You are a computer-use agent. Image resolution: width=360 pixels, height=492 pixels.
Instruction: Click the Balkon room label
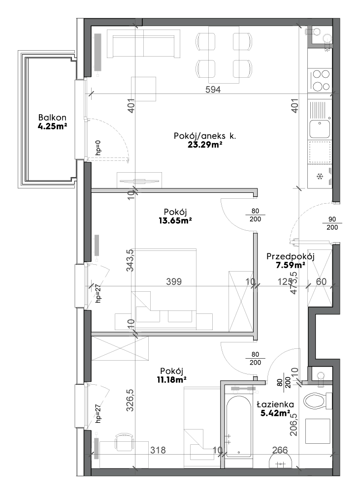pyautogui.click(x=52, y=118)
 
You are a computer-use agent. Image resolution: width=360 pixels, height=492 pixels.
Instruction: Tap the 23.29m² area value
pyautogui.click(x=205, y=145)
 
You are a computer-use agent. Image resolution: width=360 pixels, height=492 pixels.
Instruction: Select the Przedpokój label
pyautogui.click(x=290, y=257)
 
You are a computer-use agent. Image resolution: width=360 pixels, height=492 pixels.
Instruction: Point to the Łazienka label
pyautogui.click(x=275, y=404)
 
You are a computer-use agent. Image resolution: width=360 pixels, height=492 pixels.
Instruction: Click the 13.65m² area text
pyautogui.click(x=175, y=220)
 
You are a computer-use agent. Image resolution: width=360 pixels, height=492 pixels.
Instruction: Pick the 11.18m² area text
pyautogui.click(x=171, y=380)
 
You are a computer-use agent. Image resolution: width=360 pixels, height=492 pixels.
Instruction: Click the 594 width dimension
pyautogui.click(x=213, y=90)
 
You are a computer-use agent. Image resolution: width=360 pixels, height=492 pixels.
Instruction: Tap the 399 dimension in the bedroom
pyautogui.click(x=174, y=281)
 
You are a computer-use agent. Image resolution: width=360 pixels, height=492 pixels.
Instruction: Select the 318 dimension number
pyautogui.click(x=158, y=450)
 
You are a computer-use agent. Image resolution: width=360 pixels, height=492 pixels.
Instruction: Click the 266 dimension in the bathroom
pyautogui.click(x=280, y=450)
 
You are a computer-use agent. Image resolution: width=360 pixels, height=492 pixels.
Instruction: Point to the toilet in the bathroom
pyautogui.click(x=318, y=400)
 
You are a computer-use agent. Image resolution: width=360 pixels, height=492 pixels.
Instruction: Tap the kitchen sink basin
pyautogui.click(x=320, y=129)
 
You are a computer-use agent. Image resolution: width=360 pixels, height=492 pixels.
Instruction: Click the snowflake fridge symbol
pyautogui.click(x=320, y=177)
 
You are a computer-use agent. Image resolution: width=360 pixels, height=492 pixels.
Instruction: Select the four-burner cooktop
pyautogui.click(x=320, y=80)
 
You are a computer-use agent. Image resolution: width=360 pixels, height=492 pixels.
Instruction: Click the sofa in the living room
pyautogui.click(x=144, y=44)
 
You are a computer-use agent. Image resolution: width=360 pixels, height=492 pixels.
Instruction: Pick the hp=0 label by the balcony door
pyautogui.click(x=98, y=148)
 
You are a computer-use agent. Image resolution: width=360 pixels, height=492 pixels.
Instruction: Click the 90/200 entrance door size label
pyautogui.click(x=332, y=223)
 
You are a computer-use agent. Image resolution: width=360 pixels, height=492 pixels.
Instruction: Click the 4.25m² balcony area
pyautogui.click(x=52, y=126)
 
